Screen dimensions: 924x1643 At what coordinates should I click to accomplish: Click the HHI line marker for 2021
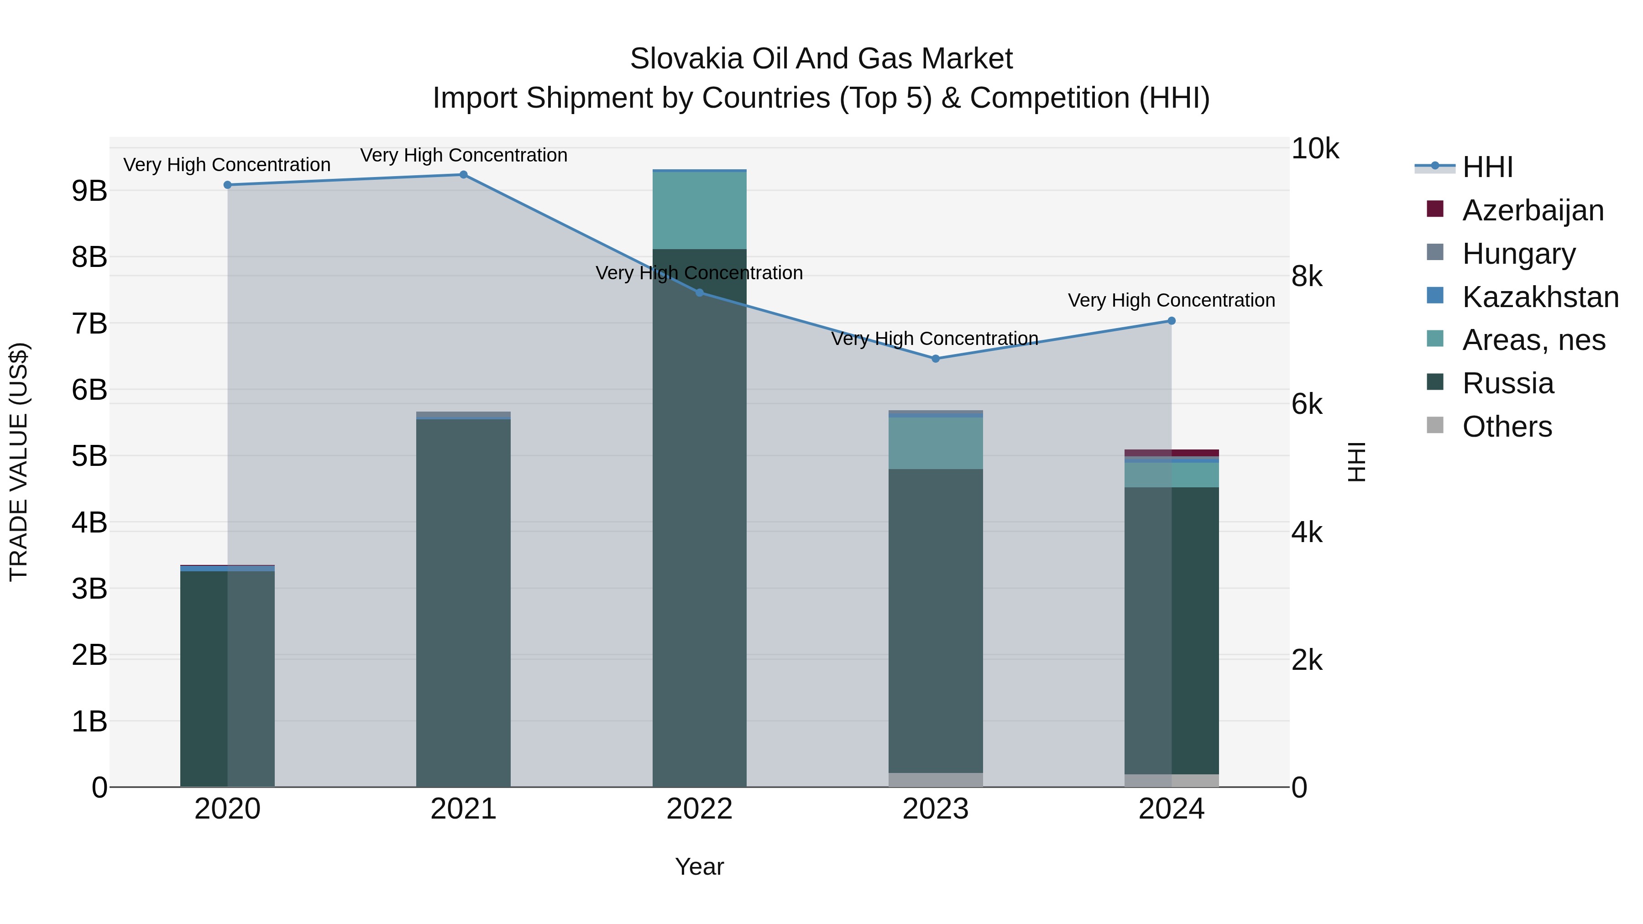464,175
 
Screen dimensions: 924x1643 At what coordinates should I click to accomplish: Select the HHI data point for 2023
936,358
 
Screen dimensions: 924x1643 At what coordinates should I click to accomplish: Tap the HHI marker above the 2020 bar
228,185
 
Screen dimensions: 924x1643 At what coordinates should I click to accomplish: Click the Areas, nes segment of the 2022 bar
699,210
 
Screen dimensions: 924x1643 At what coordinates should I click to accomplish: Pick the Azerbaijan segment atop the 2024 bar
1171,453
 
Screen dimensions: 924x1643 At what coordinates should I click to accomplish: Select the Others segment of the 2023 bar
935,779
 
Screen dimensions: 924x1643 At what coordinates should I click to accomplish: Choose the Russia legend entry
1508,383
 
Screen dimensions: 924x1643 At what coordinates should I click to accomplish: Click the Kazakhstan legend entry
1540,297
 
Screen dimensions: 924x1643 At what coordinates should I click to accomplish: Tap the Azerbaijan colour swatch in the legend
1435,209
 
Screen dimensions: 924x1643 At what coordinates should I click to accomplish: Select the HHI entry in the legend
1487,167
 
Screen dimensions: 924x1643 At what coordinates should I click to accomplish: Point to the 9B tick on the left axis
89,191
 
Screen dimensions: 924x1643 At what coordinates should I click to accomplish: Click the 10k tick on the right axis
1315,149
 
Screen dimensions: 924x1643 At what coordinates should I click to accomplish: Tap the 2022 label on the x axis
699,809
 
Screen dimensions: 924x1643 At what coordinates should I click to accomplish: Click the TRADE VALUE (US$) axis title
19,462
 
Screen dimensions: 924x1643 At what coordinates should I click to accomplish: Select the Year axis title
699,867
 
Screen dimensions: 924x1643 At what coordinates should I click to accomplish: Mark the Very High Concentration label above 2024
1171,300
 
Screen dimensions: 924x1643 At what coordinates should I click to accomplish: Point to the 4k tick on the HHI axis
1307,532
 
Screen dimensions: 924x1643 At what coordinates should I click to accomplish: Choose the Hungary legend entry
1518,254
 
